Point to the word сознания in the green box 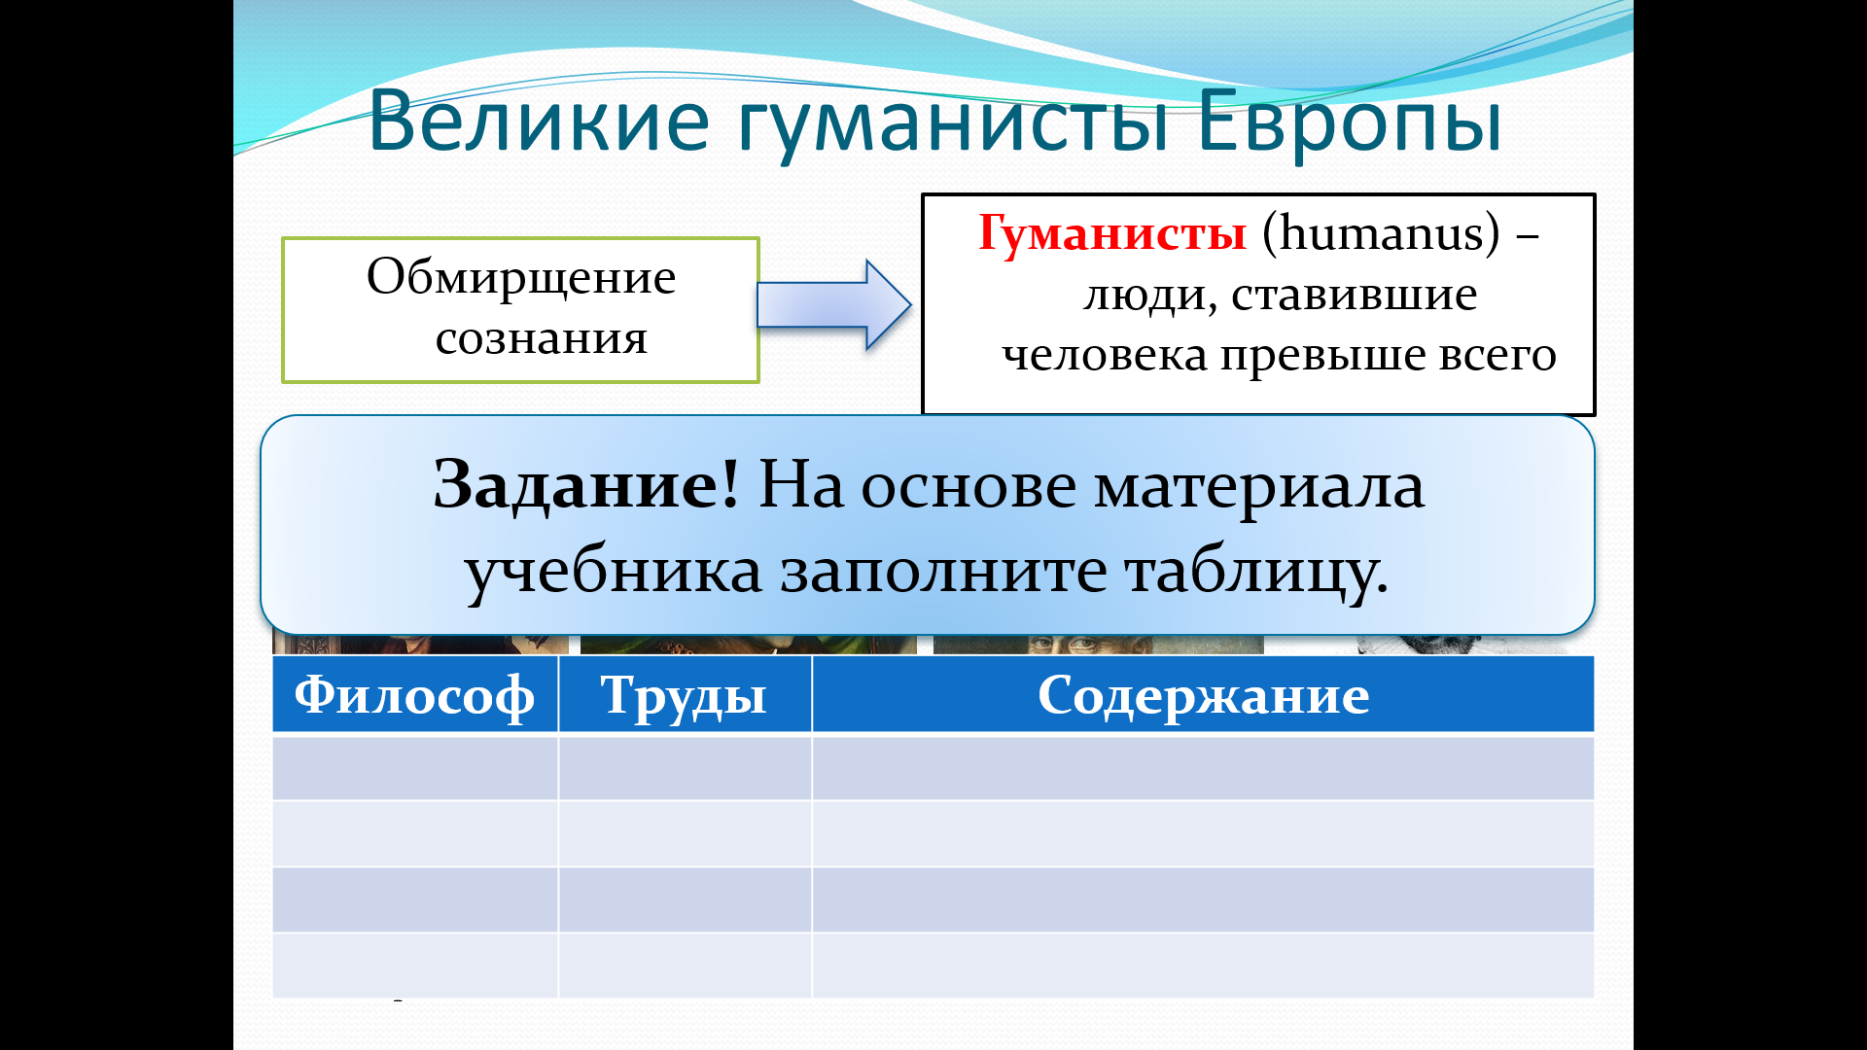pos(542,338)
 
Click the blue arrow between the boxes pos(833,304)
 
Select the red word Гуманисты pos(1112,234)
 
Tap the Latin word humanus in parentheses pos(1382,233)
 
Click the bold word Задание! pos(586,483)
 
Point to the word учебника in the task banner pos(614,571)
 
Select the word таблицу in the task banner pos(1255,573)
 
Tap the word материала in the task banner pos(1259,487)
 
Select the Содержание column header pos(1204,695)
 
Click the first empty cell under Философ pos(415,768)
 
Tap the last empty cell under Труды pos(685,965)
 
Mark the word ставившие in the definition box pos(1354,295)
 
